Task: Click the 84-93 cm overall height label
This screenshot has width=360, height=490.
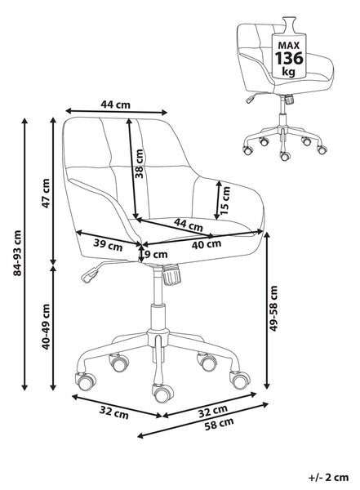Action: [17, 253]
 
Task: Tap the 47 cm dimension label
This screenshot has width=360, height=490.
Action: [46, 194]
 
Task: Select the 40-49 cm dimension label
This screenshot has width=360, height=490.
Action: [46, 327]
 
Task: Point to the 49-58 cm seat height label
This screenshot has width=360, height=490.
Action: [273, 309]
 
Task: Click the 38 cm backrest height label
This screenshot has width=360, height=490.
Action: [140, 164]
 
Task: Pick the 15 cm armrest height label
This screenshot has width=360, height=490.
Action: [225, 201]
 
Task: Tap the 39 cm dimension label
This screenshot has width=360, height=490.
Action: [108, 245]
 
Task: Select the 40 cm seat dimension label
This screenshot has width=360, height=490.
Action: [207, 244]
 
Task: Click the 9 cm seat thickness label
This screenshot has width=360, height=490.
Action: [155, 254]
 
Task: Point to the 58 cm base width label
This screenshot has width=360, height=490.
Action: [219, 423]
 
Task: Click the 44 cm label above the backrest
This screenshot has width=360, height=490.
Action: [115, 104]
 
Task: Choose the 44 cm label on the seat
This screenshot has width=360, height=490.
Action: [189, 225]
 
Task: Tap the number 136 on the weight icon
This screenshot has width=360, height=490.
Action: [289, 58]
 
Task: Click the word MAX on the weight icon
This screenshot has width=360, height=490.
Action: [289, 46]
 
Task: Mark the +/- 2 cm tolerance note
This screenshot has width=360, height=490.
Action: [328, 478]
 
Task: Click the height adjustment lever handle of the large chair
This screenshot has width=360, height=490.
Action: [90, 275]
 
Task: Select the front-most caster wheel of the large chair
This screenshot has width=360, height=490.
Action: [162, 393]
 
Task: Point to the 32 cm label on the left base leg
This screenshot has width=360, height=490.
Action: [114, 412]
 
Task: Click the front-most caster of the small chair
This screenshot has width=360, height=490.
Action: [285, 155]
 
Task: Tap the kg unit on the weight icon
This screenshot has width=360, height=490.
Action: [288, 72]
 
